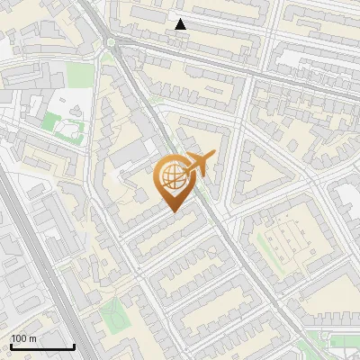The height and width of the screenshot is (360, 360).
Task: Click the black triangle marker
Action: (181, 24)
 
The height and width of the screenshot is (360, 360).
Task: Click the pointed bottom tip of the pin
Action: (174, 212)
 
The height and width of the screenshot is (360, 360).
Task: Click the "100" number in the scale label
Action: (18, 338)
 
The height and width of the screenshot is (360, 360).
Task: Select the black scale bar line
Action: (41, 347)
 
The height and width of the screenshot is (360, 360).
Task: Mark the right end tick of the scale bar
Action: (74, 346)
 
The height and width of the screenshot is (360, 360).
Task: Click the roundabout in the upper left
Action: (110, 40)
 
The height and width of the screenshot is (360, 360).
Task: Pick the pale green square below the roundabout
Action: (80, 74)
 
